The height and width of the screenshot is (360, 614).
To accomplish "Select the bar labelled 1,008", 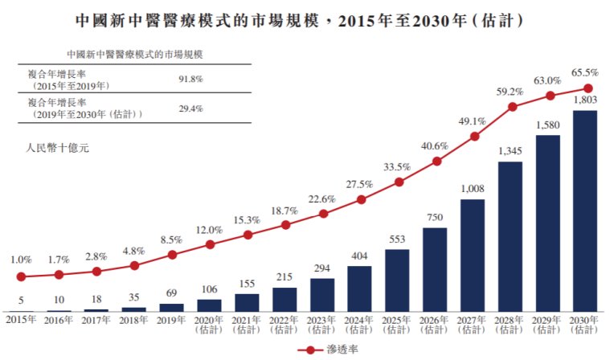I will tap(472, 255).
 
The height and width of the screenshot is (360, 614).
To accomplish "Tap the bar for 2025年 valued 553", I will tap(397, 280).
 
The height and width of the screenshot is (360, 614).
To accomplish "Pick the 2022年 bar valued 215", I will tap(284, 299).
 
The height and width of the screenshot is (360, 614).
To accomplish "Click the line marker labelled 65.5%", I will tap(587, 88).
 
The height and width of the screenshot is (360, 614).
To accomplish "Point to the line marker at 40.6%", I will tap(436, 162).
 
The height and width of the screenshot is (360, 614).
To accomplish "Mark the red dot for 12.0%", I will tap(210, 244).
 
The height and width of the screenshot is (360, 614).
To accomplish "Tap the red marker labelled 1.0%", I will tap(21, 276).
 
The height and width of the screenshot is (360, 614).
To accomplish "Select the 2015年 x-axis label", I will tap(21, 320).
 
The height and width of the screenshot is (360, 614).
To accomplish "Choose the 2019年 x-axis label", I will tap(171, 320).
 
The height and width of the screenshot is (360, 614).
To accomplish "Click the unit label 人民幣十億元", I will tap(55, 149).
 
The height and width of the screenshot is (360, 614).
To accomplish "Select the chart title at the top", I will tap(306, 18).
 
